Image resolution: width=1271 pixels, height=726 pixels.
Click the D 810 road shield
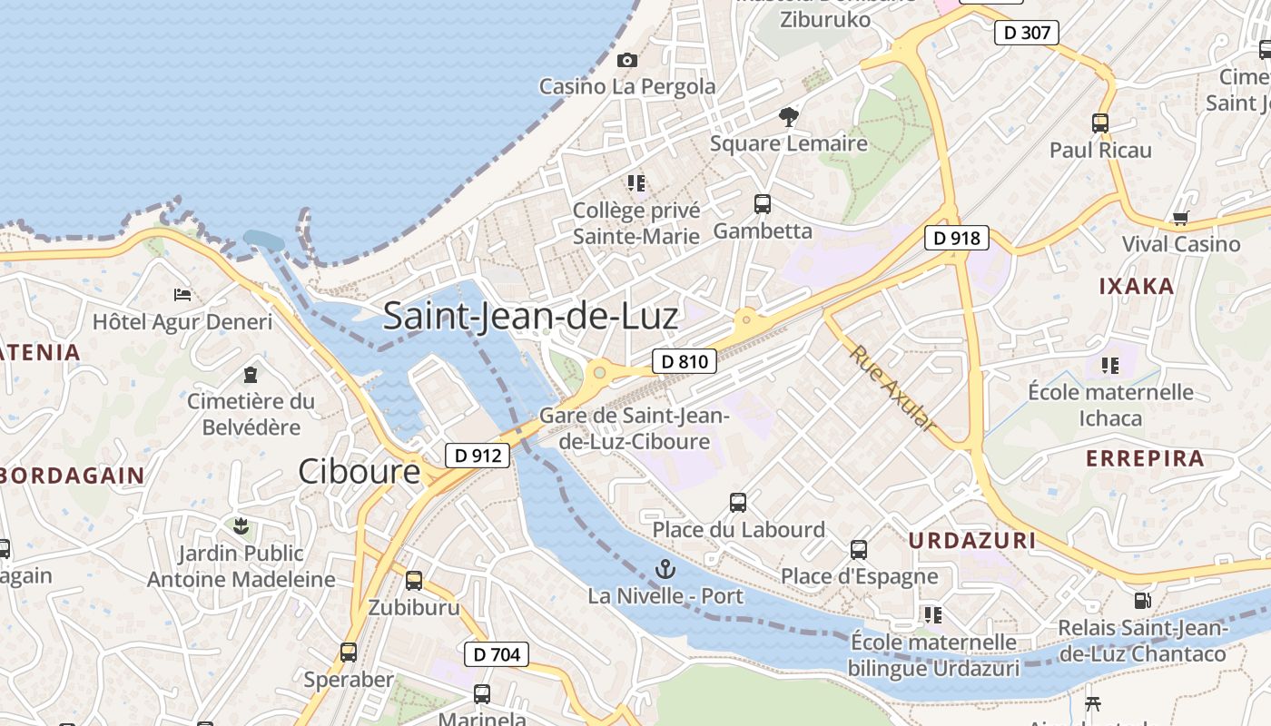click(685, 361)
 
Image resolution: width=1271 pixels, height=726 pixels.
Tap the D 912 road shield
click(477, 456)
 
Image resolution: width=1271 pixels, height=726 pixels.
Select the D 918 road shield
click(956, 239)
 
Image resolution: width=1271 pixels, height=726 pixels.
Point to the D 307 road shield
click(1027, 34)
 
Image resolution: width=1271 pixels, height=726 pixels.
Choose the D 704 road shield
click(496, 653)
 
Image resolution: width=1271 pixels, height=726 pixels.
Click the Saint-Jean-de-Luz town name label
click(530, 316)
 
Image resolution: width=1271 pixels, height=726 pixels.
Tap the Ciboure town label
click(360, 472)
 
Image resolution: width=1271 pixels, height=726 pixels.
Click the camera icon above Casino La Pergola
click(626, 61)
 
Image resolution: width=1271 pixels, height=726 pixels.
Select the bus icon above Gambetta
click(763, 204)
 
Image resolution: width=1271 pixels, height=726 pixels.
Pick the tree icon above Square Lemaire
click(789, 116)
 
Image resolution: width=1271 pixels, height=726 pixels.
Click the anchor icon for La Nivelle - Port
click(665, 570)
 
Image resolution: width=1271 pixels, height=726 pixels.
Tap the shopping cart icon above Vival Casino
click(1180, 218)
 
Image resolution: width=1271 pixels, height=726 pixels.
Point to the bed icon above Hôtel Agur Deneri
click(182, 295)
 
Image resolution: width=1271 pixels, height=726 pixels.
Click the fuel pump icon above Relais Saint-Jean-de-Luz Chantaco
click(1142, 601)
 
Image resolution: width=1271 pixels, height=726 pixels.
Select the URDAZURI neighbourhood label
click(972, 541)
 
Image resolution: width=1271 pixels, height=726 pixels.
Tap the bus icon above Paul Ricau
click(1100, 123)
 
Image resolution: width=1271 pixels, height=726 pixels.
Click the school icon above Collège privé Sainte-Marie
click(636, 183)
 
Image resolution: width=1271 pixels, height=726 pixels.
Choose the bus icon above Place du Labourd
click(738, 502)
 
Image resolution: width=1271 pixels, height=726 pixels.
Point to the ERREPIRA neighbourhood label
click(1145, 458)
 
